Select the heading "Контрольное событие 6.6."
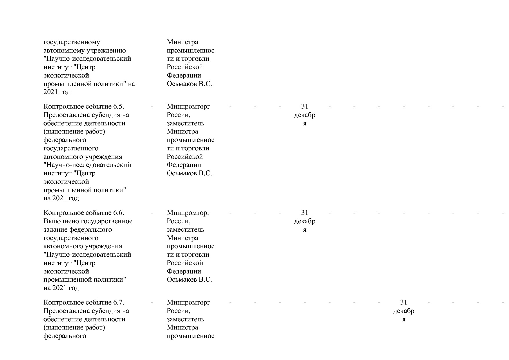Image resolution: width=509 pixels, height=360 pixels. pos(84,213)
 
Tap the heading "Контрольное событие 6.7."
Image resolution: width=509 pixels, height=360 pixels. pos(84,303)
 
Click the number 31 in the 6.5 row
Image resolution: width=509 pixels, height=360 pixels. pos(304,107)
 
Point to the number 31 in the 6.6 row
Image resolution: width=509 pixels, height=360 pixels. pos(304,213)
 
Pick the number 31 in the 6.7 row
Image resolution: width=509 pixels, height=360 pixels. pos(404,303)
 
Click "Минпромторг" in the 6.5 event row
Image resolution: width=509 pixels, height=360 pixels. pos(188,107)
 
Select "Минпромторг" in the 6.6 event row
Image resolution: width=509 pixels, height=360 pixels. pos(188,213)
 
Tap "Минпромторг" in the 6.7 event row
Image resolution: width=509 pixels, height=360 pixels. pos(188,303)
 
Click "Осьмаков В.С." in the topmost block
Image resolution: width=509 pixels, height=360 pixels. pos(189,84)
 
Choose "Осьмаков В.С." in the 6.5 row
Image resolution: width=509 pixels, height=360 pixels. pos(189,173)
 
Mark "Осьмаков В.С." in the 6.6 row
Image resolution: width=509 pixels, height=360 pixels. pos(189,280)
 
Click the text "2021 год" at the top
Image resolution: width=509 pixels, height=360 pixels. pos(57,92)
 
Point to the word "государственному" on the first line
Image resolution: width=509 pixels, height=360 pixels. pos(72,42)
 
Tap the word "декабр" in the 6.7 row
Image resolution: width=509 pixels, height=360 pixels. pos(404,311)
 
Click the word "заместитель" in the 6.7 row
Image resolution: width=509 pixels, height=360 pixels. pos(185,319)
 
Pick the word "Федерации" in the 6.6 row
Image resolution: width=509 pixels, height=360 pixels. pos(184,271)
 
